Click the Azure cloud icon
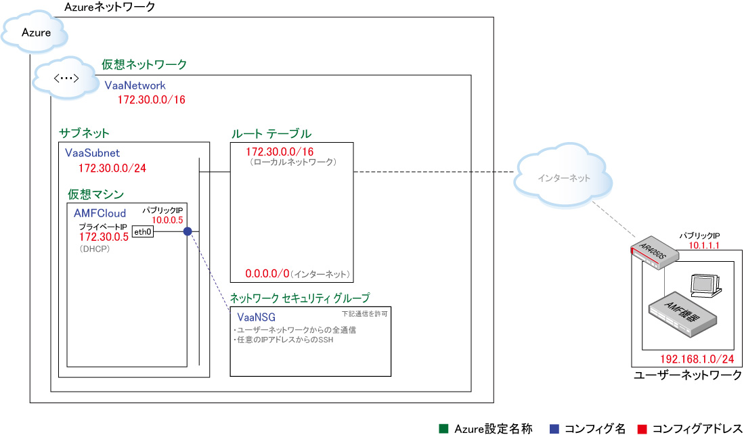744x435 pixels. [x=37, y=32]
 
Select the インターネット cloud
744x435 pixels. [x=563, y=178]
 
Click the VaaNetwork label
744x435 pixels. [x=135, y=86]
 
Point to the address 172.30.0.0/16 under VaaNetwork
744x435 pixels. [x=152, y=100]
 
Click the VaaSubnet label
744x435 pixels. [x=93, y=154]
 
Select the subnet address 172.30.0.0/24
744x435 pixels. [x=112, y=168]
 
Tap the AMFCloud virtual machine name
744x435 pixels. [x=100, y=213]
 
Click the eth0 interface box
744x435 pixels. [x=142, y=232]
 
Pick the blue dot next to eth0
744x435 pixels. [x=188, y=232]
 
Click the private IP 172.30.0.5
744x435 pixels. [x=104, y=237]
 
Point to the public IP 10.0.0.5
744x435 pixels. [x=167, y=221]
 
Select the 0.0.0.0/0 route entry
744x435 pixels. [x=267, y=274]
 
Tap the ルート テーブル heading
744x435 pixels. [x=271, y=134]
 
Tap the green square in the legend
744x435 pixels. [x=443, y=428]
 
